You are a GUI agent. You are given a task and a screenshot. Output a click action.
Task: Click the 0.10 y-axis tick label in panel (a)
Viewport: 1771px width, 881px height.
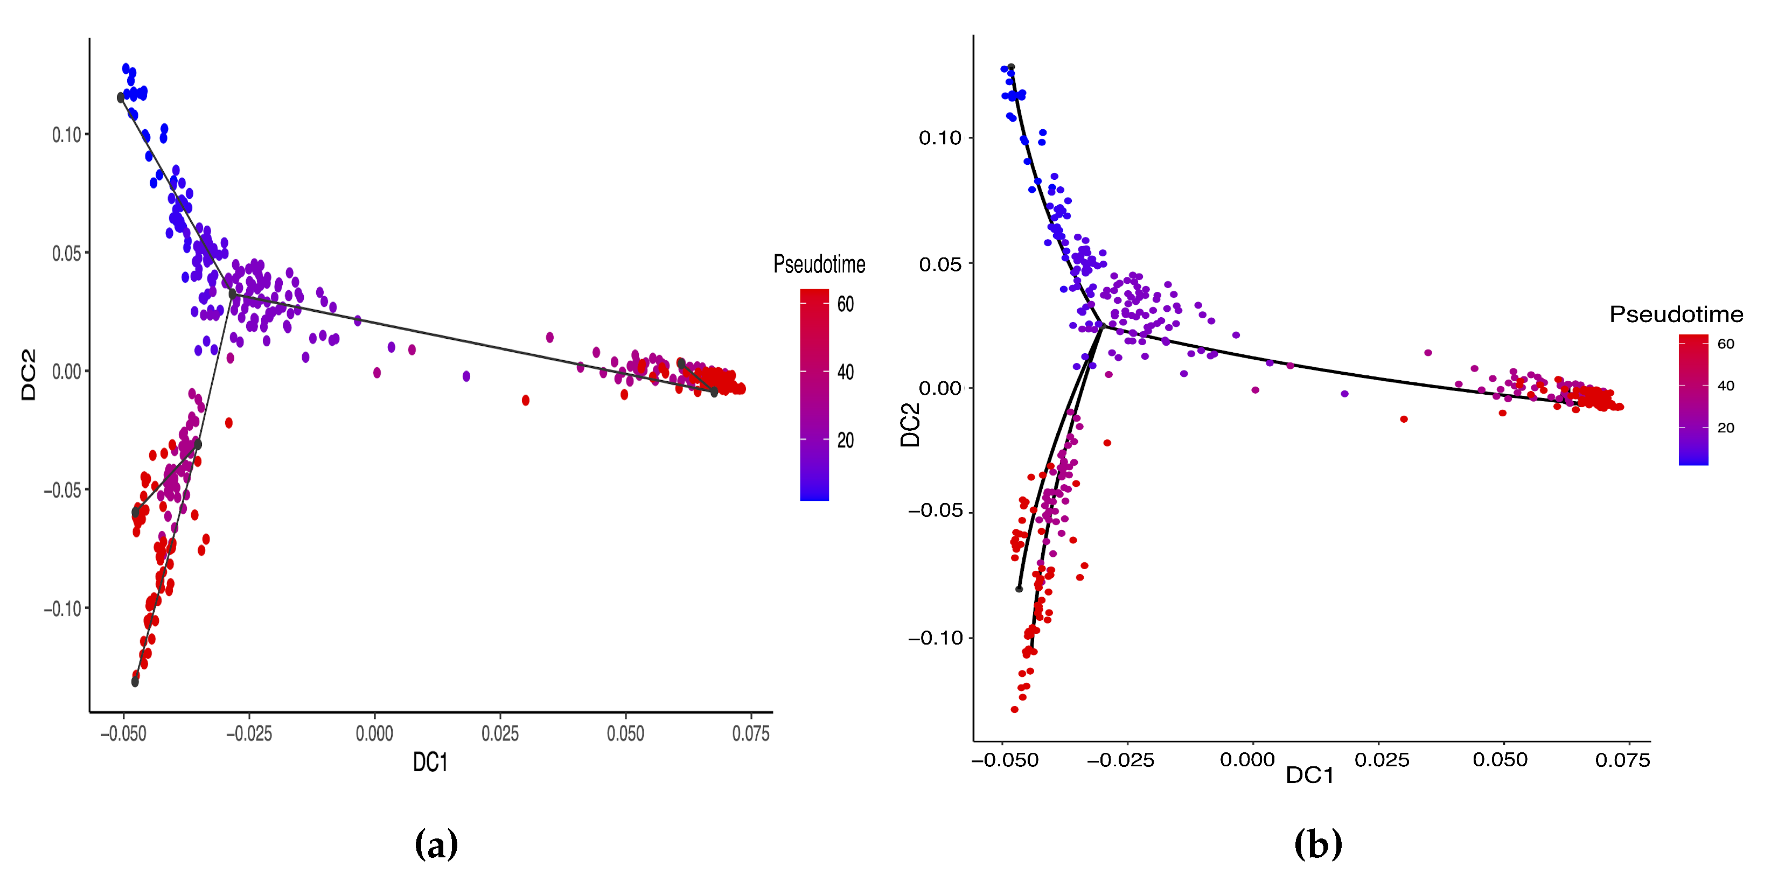tap(67, 135)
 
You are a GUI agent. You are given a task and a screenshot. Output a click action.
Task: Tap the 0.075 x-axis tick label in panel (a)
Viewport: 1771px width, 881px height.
tap(751, 734)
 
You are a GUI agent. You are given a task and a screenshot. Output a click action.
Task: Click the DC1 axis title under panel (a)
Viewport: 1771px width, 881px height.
tap(430, 762)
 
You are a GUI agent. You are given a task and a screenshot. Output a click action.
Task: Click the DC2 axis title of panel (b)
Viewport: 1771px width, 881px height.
tap(910, 425)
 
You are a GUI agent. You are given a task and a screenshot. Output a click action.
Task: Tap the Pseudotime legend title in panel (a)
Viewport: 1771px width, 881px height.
tap(819, 264)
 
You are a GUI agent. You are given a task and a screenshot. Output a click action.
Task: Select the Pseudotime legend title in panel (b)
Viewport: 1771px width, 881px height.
tap(1676, 314)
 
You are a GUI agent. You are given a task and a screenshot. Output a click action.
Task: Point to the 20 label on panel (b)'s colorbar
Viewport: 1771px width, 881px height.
tap(1726, 428)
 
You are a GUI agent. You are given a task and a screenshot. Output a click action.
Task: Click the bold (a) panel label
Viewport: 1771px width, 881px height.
tap(436, 844)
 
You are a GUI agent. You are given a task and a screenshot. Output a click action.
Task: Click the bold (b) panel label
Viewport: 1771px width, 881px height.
tap(1318, 844)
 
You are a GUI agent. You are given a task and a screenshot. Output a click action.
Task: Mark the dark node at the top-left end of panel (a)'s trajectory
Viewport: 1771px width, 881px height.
tap(121, 98)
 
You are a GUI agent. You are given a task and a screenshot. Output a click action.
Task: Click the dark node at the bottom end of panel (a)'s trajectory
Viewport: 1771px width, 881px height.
tap(135, 682)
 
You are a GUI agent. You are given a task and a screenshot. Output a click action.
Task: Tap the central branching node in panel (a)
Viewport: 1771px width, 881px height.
tap(232, 294)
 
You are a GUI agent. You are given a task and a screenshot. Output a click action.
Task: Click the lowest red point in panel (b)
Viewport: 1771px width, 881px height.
tap(1014, 709)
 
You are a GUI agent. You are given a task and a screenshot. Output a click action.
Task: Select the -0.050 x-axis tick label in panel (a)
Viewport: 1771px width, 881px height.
tap(124, 734)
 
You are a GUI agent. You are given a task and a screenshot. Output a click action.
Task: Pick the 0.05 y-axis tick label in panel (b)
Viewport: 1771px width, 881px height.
tap(940, 264)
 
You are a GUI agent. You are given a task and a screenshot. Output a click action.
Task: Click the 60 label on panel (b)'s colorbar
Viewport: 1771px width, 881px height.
tap(1726, 344)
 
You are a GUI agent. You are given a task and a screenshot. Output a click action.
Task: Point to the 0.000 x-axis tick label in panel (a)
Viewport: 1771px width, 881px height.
tap(375, 734)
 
